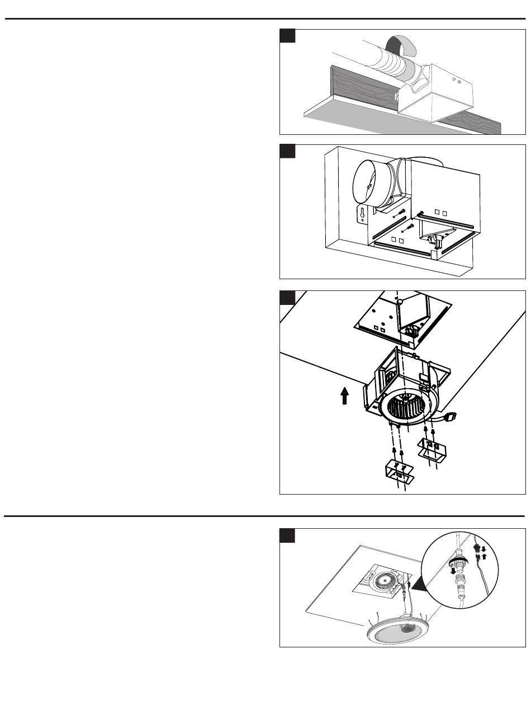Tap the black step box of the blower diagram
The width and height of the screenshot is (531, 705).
click(x=287, y=297)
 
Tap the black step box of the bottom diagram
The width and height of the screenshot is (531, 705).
click(x=287, y=535)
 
